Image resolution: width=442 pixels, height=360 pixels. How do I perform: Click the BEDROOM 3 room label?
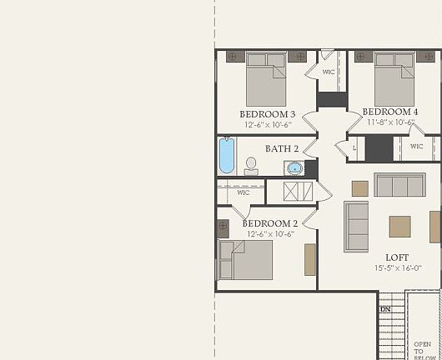(x=267, y=113)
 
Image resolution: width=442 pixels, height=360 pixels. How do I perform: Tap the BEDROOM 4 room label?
(x=390, y=112)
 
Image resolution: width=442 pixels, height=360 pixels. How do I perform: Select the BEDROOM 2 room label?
(x=269, y=223)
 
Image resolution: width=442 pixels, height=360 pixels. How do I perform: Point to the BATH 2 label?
(x=282, y=148)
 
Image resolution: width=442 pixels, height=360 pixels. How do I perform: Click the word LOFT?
(x=397, y=257)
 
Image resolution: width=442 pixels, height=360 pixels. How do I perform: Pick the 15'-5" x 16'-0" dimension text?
(x=397, y=267)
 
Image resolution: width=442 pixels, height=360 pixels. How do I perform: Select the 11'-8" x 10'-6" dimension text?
(x=390, y=122)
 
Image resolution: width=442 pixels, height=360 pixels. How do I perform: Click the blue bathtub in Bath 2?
(x=227, y=155)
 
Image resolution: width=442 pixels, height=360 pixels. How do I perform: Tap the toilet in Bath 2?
(x=250, y=166)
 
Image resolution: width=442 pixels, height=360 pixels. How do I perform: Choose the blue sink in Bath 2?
(x=294, y=167)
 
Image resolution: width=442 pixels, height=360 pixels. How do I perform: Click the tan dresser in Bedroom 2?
(x=309, y=259)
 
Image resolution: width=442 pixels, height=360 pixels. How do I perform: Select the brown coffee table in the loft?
(x=399, y=226)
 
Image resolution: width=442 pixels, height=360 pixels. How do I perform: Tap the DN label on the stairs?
(x=385, y=309)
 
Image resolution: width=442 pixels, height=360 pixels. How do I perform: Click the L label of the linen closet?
(x=354, y=147)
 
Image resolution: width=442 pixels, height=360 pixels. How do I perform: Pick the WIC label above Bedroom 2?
(x=243, y=192)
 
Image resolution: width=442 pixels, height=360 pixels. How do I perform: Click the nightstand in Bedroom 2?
(x=224, y=227)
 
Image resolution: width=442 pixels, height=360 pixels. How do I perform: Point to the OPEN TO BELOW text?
(x=423, y=348)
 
